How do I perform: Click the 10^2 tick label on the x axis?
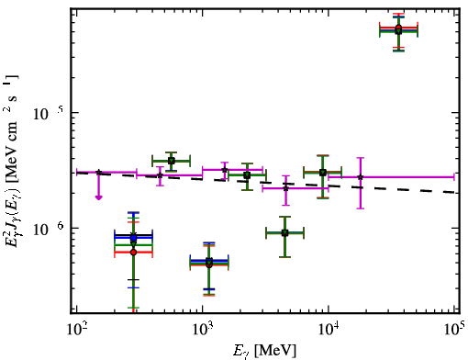pos(76,330)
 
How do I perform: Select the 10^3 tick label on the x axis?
pos(202,330)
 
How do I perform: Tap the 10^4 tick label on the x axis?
pos(329,330)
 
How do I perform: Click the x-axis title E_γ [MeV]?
pos(264,351)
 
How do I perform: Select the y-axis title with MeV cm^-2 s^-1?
pos(11,161)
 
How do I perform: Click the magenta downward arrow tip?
pos(98,199)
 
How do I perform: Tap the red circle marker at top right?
pos(398,28)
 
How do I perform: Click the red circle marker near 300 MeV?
pos(133,253)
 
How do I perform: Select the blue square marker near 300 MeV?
pos(133,238)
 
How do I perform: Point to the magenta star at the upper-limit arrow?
pos(98,173)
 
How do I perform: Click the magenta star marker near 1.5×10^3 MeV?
pos(225,170)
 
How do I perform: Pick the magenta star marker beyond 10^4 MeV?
pos(361,177)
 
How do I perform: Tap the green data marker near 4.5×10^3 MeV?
pos(284,233)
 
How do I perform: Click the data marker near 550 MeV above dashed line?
pos(172,161)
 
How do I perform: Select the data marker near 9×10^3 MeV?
pos(322,173)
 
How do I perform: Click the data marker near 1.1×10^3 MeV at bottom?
pos(209,263)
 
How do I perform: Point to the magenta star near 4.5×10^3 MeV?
pos(285,188)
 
